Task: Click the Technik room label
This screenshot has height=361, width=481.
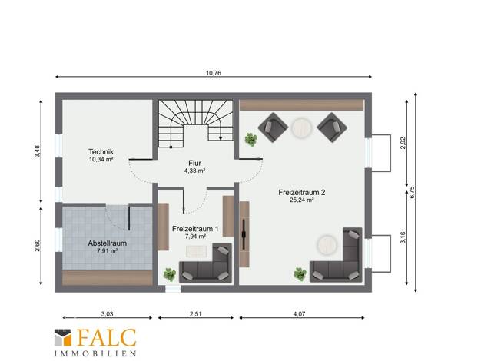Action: pyautogui.click(x=101, y=151)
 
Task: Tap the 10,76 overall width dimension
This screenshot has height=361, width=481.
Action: pyautogui.click(x=214, y=73)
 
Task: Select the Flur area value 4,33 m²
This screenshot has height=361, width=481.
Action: pyautogui.click(x=195, y=171)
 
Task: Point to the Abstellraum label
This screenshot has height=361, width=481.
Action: pyautogui.click(x=108, y=243)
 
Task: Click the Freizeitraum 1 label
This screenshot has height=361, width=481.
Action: pyautogui.click(x=195, y=229)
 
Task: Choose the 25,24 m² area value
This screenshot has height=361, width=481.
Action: pyautogui.click(x=301, y=200)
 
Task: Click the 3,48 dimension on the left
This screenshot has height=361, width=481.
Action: pyautogui.click(x=37, y=151)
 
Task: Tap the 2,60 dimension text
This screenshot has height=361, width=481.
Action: pyautogui.click(x=37, y=245)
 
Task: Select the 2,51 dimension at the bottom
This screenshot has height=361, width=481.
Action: pyautogui.click(x=196, y=314)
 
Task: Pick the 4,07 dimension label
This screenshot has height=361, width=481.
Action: pyautogui.click(x=300, y=314)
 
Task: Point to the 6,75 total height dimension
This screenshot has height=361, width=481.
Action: pyautogui.click(x=412, y=192)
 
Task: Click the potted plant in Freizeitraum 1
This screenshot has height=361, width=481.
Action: pyautogui.click(x=169, y=274)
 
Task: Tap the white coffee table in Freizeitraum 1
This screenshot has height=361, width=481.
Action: pyautogui.click(x=197, y=251)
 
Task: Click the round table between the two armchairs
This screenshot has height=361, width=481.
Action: pyautogui.click(x=302, y=128)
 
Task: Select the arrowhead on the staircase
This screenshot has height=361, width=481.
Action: pyautogui.click(x=221, y=138)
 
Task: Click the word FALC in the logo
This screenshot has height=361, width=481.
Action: pyautogui.click(x=107, y=338)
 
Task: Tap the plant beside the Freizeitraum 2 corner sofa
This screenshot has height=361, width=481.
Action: pyautogui.click(x=300, y=274)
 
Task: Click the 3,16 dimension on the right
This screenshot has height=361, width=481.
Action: pyautogui.click(x=403, y=237)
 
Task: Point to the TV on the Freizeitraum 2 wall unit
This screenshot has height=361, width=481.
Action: pyautogui.click(x=244, y=234)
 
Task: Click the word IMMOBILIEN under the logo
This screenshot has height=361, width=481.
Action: pyautogui.click(x=95, y=353)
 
